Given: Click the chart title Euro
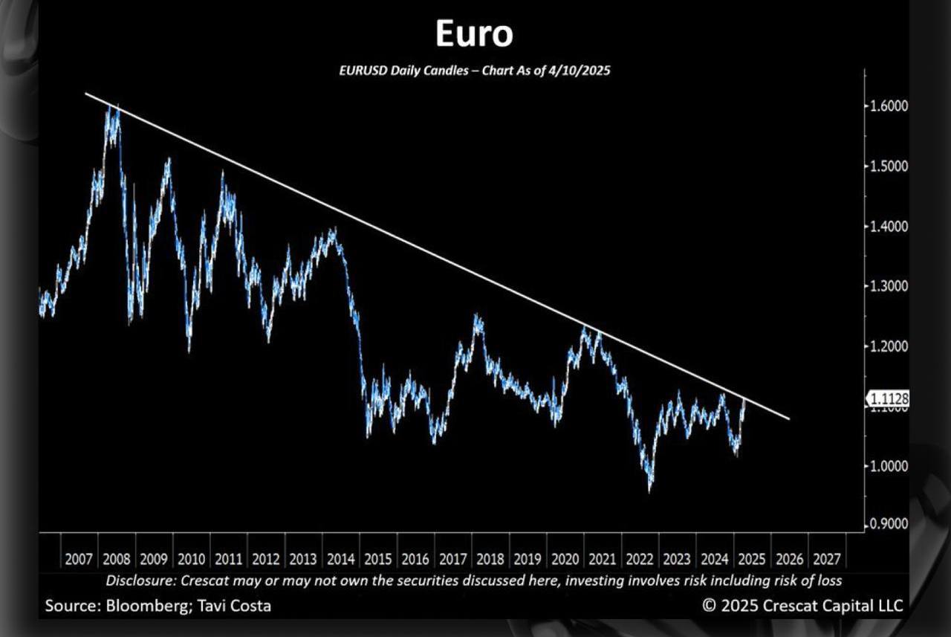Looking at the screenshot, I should pos(473,34).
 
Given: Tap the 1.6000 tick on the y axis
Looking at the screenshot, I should pos(889,106).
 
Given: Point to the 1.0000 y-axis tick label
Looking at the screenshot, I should pos(889,466).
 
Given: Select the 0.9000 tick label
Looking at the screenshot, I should pos(889,524).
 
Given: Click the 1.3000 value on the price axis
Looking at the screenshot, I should pos(889,286).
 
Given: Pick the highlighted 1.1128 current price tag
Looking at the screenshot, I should pos(889,400).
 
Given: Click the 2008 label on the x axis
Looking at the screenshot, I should pos(117,559).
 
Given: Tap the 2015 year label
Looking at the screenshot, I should pos(378,559).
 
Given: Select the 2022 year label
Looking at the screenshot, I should pos(640,559).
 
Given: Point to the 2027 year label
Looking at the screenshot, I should pos(826,559).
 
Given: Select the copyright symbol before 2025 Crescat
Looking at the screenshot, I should pos(709,606).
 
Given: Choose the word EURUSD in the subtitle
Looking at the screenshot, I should pos(363,71).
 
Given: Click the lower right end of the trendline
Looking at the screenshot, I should pos(788,419).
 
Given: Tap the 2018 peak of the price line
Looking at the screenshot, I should pos(476,317).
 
